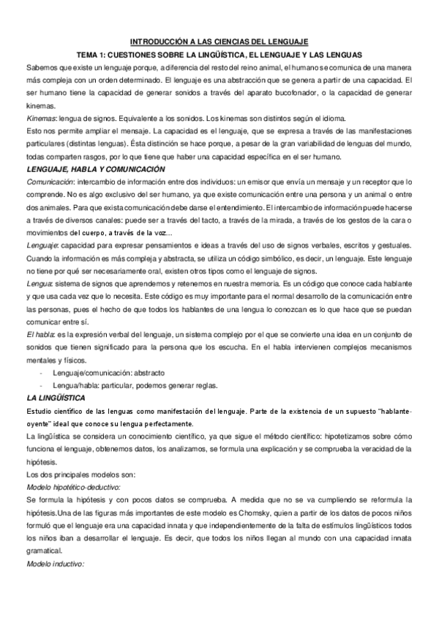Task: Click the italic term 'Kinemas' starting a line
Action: pyautogui.click(x=37, y=118)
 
